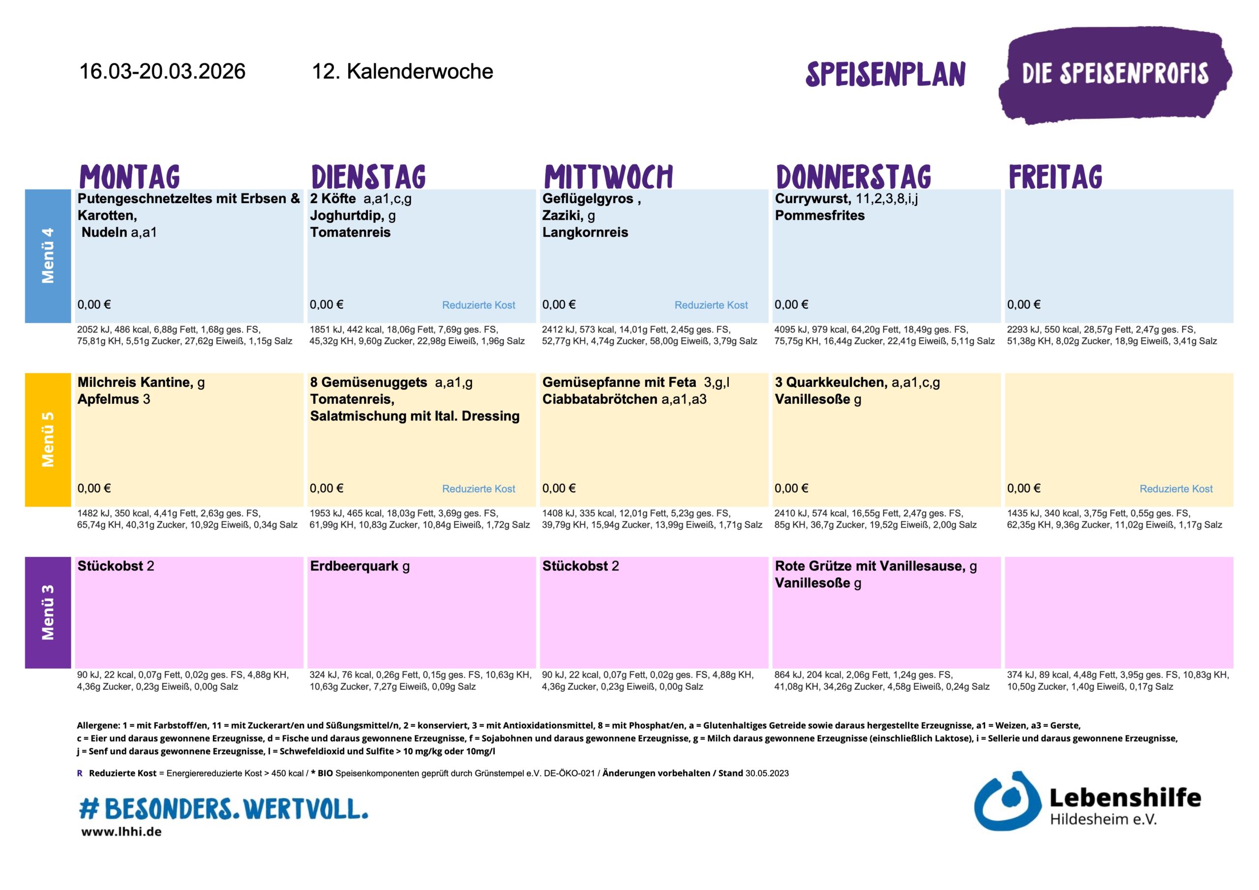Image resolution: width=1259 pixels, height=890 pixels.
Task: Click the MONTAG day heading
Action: click(130, 177)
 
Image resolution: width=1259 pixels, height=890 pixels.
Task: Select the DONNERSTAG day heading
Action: click(853, 177)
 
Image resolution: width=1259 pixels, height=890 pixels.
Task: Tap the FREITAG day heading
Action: click(1055, 177)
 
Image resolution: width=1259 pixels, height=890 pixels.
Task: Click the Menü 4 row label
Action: click(48, 256)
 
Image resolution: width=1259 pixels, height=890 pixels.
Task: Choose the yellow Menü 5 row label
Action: click(48, 439)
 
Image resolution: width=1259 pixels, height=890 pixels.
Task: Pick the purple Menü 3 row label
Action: click(48, 612)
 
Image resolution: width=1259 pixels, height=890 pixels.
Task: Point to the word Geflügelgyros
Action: click(587, 199)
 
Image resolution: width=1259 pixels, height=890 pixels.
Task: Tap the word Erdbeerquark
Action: click(354, 566)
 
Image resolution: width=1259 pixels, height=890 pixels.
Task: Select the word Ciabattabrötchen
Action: click(600, 399)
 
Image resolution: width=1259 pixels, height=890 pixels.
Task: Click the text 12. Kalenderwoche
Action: click(402, 71)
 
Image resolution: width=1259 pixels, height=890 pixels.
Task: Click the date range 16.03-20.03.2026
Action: click(162, 71)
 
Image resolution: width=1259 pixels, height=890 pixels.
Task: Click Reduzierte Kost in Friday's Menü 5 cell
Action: click(1176, 489)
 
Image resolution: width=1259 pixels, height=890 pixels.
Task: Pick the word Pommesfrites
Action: click(819, 215)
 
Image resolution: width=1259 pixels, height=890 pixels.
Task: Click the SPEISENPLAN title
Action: click(885, 74)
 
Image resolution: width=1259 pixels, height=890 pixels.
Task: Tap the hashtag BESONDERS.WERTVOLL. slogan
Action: click(224, 808)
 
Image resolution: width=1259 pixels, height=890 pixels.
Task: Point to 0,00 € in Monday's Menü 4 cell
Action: click(94, 305)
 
